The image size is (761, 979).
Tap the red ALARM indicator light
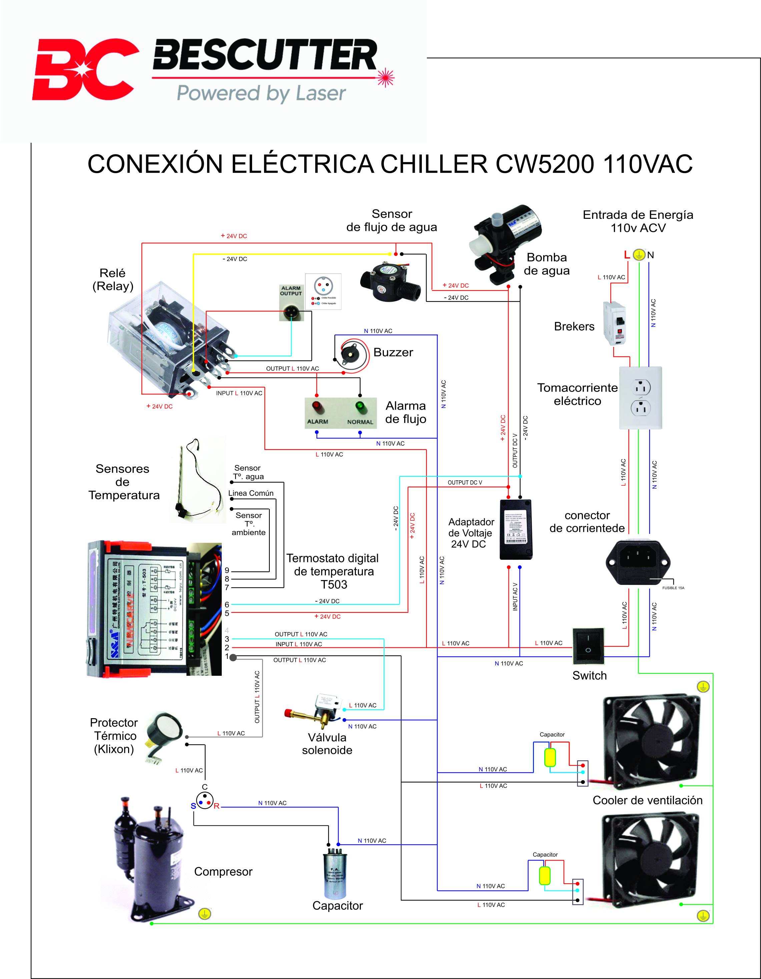click(x=317, y=407)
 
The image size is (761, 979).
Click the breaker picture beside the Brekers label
click(x=614, y=323)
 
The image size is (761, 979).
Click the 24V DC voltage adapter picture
click(x=516, y=529)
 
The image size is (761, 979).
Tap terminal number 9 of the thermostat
click(x=227, y=570)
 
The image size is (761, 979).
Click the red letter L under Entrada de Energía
click(x=627, y=255)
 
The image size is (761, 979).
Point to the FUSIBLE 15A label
click(x=673, y=588)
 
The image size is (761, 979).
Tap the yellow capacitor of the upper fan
click(x=550, y=757)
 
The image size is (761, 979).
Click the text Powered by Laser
click(x=261, y=93)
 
